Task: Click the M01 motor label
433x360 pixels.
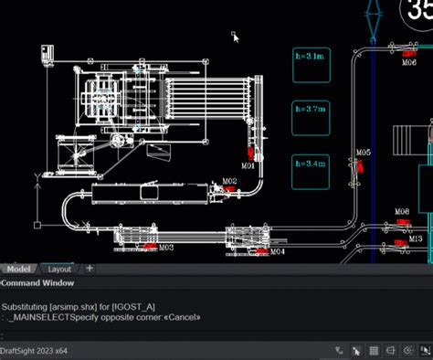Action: click(248, 166)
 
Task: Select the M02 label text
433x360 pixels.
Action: click(229, 182)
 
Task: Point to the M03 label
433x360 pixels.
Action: click(165, 247)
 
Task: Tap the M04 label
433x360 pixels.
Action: click(277, 250)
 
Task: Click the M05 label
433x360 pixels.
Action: click(363, 153)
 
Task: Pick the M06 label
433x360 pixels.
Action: click(410, 63)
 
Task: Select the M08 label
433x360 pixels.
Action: click(402, 212)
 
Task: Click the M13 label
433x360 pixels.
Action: click(416, 238)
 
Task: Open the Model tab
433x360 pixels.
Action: click(18, 270)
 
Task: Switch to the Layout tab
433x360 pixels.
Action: click(59, 270)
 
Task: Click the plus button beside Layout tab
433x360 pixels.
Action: click(90, 269)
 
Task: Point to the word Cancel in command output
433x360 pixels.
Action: click(185, 317)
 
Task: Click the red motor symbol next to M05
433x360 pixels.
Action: click(361, 166)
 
